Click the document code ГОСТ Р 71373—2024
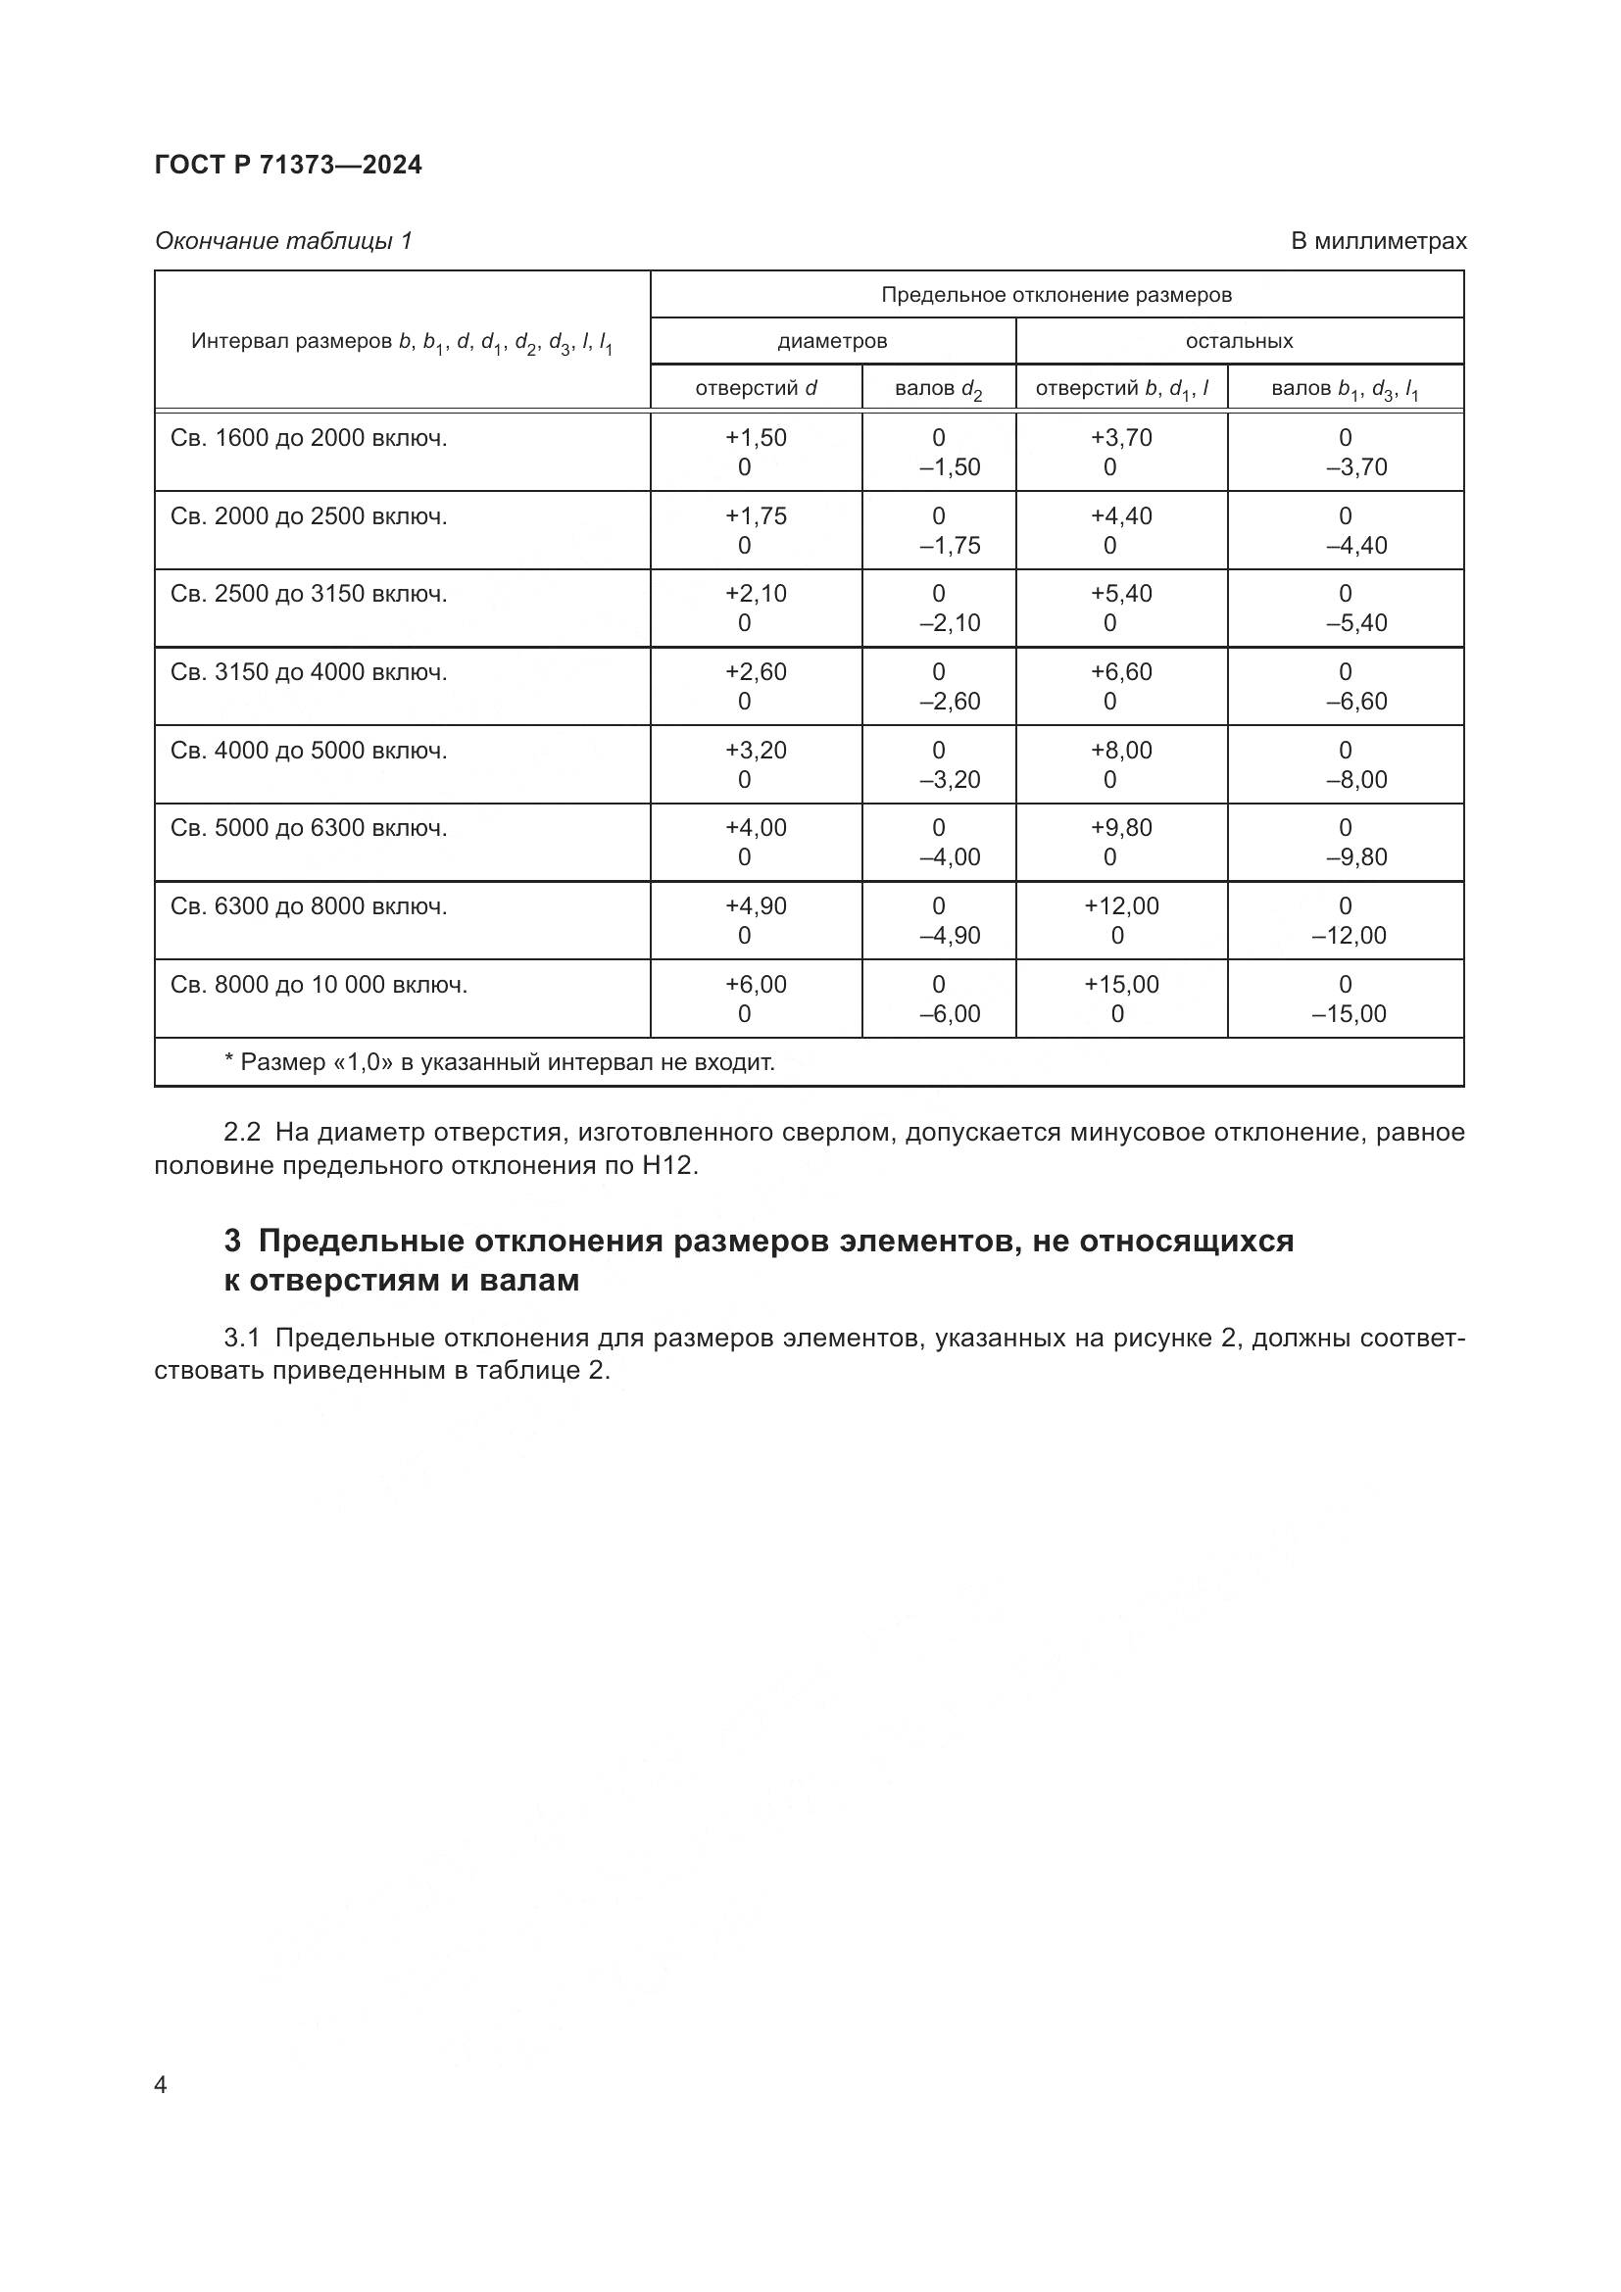288,166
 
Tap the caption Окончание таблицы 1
283,242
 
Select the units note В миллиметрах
1379,242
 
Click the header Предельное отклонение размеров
1056,296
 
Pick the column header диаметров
832,341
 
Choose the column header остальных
1239,341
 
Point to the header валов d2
938,389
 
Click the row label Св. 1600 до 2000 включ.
309,438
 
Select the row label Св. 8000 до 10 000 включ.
319,985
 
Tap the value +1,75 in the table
756,516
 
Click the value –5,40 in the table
1356,624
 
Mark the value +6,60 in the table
1121,672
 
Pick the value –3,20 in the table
950,780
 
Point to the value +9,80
1121,828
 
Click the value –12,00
1349,936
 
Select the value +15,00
1121,985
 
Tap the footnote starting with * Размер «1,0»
499,1062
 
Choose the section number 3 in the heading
232,1241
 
